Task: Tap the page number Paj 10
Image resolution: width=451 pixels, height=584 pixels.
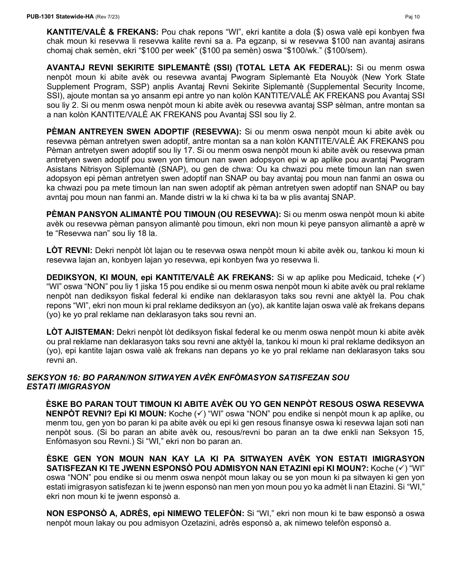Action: pos(413,17)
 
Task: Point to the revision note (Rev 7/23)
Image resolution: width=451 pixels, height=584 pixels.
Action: pos(108,17)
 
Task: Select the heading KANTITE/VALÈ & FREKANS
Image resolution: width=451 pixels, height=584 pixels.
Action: pos(102,32)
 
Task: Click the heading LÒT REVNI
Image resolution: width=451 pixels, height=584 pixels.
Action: pos(70,250)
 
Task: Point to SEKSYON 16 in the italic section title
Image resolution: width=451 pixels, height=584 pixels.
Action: pos(51,377)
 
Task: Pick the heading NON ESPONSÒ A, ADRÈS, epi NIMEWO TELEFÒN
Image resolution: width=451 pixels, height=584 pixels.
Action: pos(144,514)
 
